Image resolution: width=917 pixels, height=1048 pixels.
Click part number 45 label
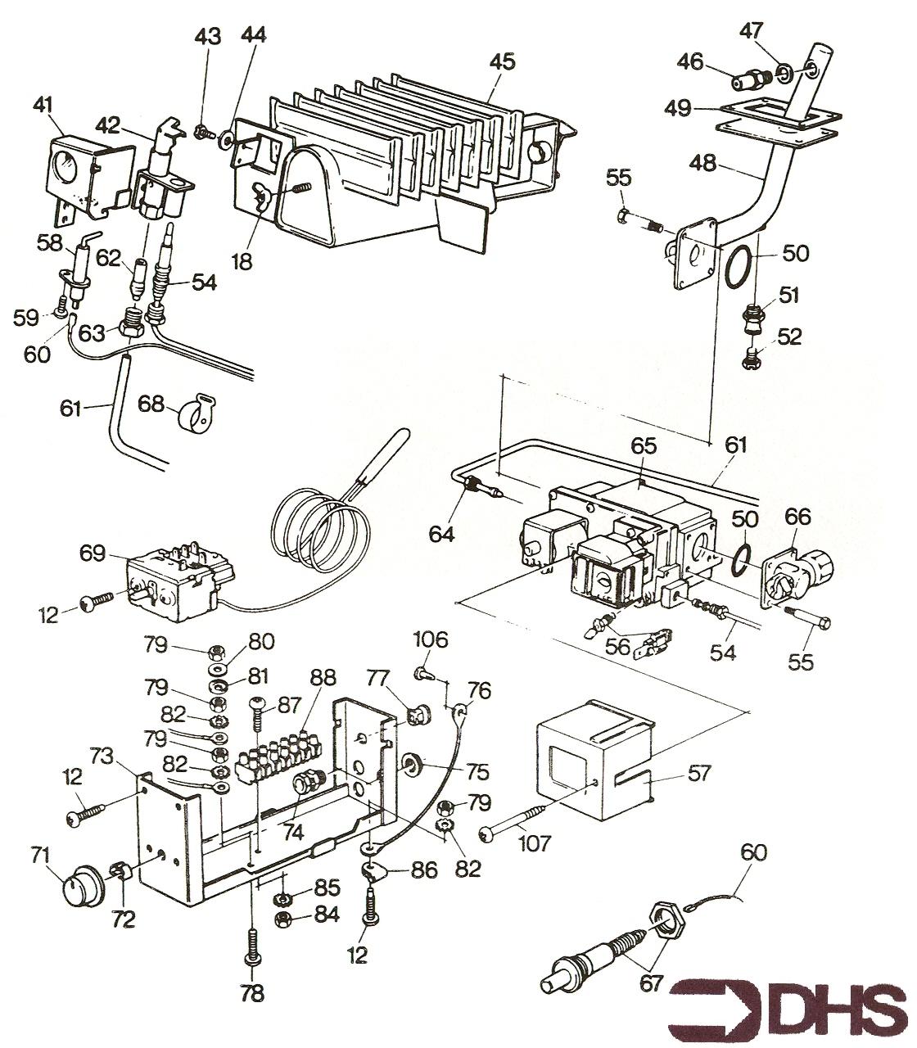point(502,61)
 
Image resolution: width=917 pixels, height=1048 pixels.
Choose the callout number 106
point(431,639)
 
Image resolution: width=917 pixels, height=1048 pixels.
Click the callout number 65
point(644,446)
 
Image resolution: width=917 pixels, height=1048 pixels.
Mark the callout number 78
point(252,993)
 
